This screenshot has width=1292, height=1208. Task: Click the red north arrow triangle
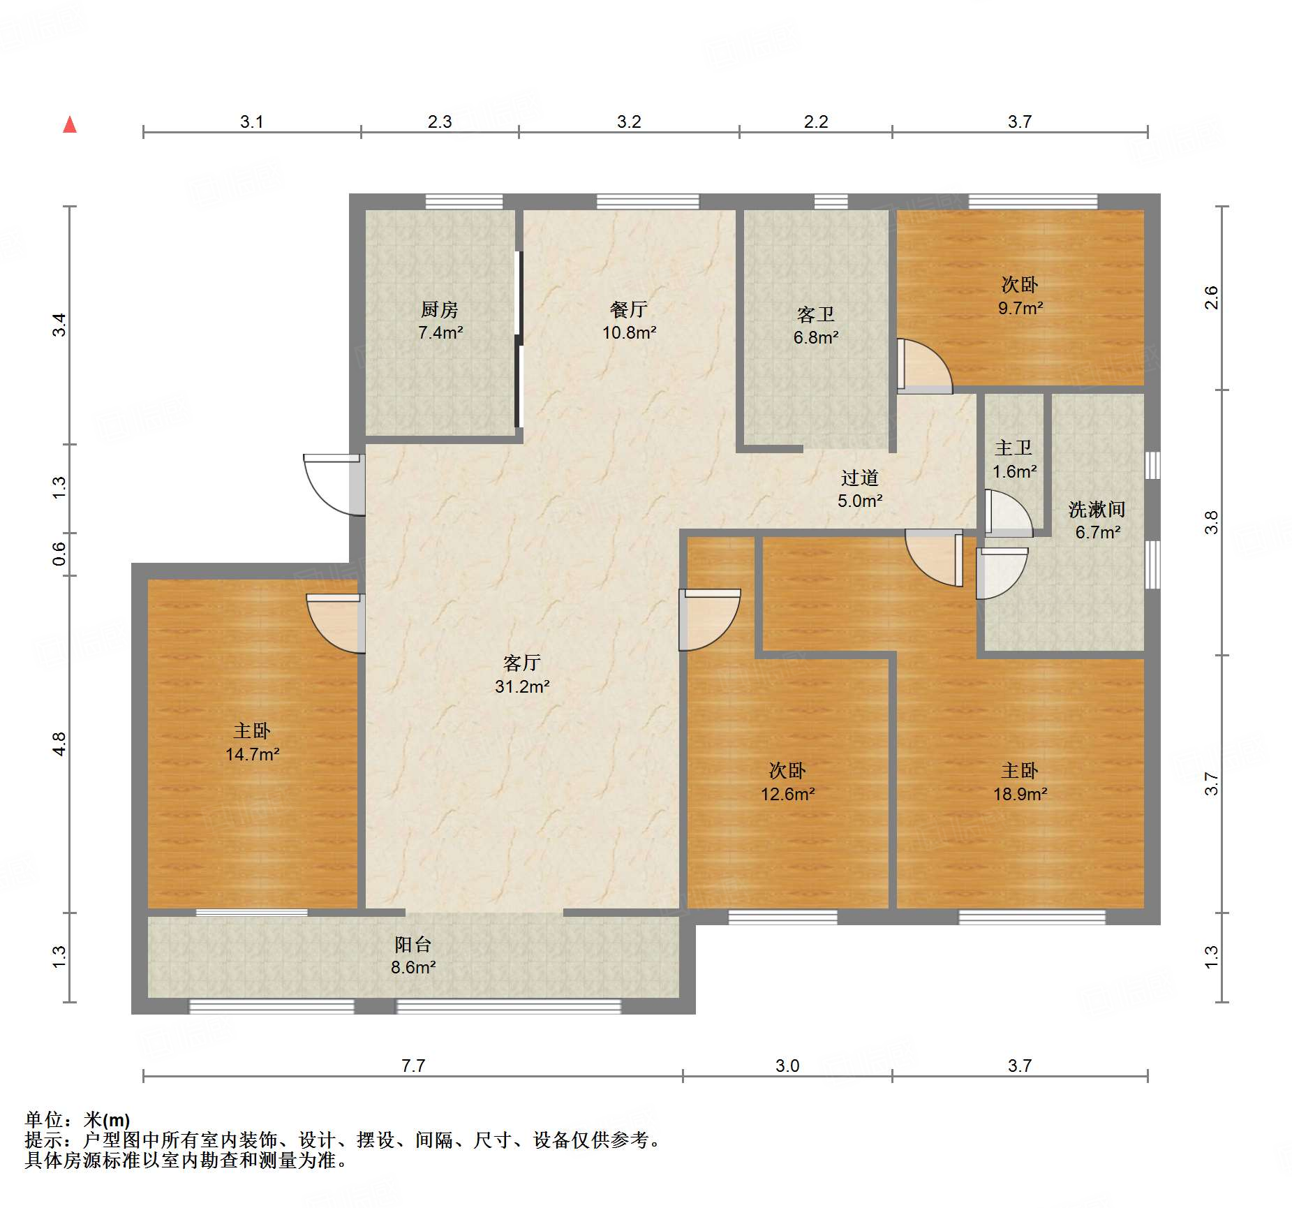click(x=70, y=125)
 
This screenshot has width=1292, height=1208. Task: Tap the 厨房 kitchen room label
click(x=440, y=309)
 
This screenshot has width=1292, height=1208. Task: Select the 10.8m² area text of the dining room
click(x=630, y=332)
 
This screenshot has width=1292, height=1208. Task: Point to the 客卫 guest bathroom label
click(x=816, y=314)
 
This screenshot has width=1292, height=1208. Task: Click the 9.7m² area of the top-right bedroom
click(x=1020, y=308)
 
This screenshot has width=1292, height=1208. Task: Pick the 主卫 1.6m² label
click(x=1014, y=459)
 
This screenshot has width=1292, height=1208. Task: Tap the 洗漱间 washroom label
click(x=1097, y=509)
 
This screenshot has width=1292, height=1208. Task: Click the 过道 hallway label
click(x=860, y=478)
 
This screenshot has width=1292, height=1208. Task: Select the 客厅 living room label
click(x=522, y=663)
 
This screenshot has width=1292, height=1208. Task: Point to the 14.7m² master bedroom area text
click(x=253, y=754)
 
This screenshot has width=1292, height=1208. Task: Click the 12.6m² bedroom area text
click(x=788, y=794)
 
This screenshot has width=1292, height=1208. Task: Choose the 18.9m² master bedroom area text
click(x=1020, y=794)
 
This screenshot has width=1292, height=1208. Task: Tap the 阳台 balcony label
click(x=413, y=944)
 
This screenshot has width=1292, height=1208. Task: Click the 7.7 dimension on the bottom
click(x=413, y=1066)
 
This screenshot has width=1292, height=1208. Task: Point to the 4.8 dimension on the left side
click(x=59, y=744)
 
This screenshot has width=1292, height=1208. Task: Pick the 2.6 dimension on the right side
click(x=1212, y=298)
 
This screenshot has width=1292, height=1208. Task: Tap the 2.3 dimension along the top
click(x=440, y=121)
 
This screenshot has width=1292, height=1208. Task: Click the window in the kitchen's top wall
click(x=464, y=202)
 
